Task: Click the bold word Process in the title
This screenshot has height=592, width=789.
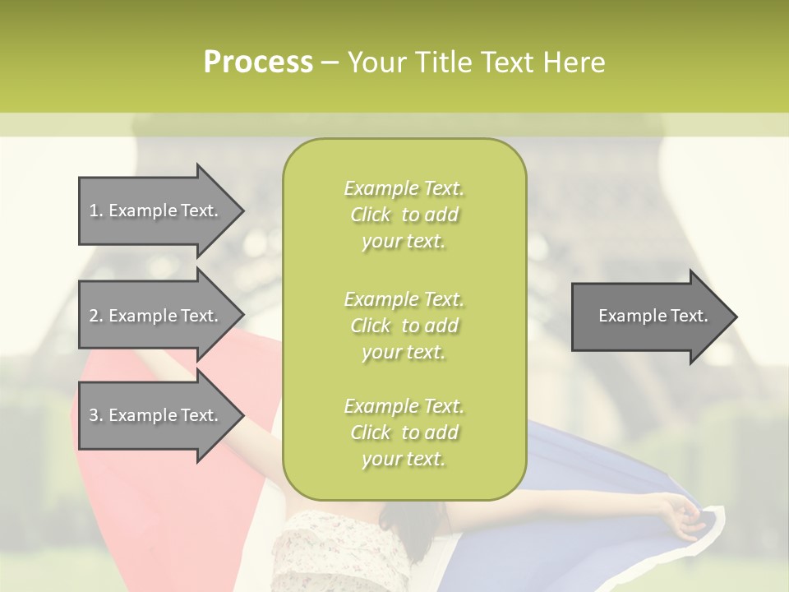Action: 258,62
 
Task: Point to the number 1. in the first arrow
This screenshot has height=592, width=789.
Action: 96,210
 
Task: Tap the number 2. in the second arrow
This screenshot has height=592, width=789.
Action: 96,316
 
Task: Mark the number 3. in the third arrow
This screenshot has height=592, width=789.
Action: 96,415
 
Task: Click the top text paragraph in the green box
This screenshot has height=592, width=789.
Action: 404,215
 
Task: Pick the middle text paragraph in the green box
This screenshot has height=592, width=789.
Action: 404,326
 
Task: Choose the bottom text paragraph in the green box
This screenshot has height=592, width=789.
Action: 404,432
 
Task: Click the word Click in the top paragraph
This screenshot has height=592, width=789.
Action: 371,215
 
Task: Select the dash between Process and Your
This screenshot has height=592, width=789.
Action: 330,63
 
